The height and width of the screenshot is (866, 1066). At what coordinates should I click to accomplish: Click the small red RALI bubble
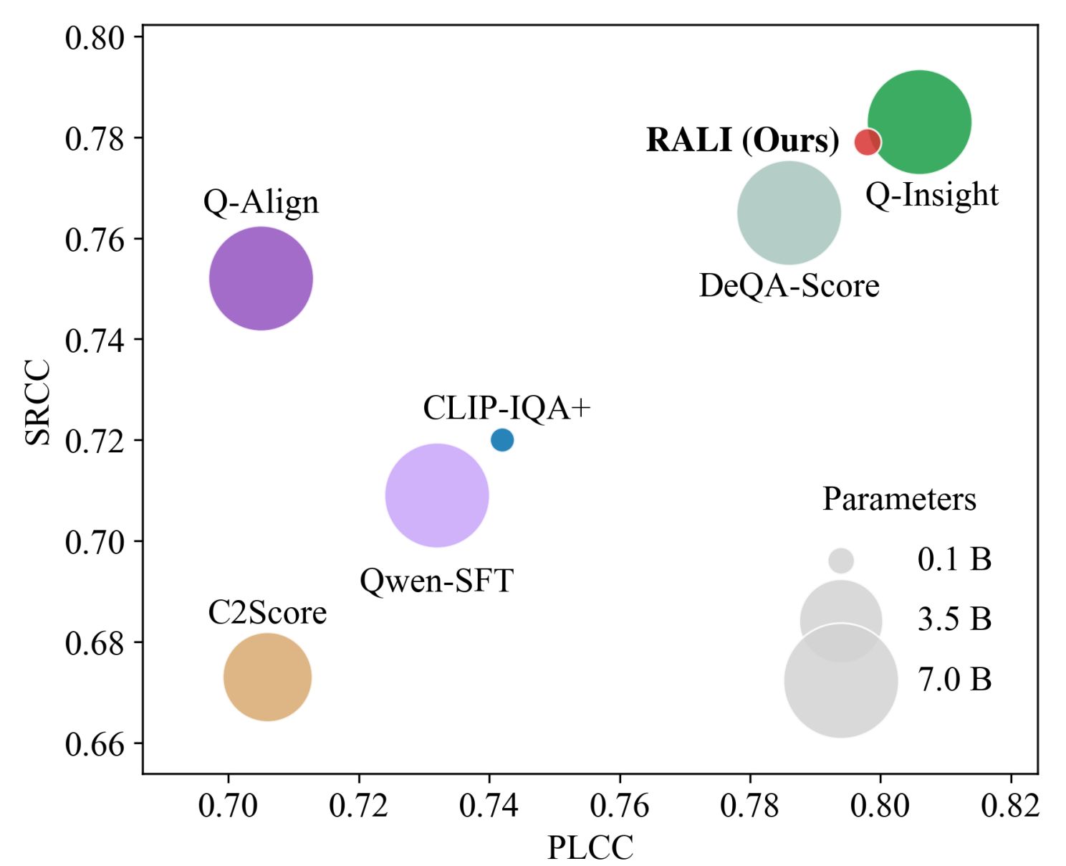(x=867, y=141)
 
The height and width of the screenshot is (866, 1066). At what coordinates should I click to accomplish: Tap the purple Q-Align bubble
(x=261, y=278)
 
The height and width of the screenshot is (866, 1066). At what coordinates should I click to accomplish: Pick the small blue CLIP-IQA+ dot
(x=502, y=439)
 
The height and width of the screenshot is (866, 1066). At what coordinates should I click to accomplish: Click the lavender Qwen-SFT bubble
(x=437, y=495)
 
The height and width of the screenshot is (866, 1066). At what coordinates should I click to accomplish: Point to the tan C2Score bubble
(x=267, y=677)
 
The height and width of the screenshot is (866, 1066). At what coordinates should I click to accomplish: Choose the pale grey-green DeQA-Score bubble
(x=788, y=213)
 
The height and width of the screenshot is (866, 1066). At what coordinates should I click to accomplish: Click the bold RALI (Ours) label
(x=742, y=140)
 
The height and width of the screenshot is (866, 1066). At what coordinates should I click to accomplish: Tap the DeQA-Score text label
(x=789, y=286)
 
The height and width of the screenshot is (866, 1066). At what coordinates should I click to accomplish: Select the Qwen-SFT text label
(x=436, y=581)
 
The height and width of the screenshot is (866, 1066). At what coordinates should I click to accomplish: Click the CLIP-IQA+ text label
(x=506, y=408)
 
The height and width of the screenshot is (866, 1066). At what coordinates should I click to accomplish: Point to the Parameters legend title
(x=899, y=499)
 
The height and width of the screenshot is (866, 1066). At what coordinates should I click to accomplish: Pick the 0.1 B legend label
(x=954, y=559)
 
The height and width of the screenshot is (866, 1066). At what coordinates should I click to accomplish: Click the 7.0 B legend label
(x=954, y=679)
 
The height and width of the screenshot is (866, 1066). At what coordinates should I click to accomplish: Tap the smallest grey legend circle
(x=841, y=561)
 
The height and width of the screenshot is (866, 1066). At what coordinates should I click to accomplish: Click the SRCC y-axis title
(x=38, y=401)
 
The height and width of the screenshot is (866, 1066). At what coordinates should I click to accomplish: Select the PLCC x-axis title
(x=590, y=847)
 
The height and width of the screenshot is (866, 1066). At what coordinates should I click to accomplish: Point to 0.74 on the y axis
(x=94, y=340)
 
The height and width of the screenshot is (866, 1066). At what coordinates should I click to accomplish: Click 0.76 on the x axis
(x=619, y=806)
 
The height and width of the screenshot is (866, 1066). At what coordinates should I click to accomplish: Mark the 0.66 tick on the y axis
(x=94, y=744)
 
